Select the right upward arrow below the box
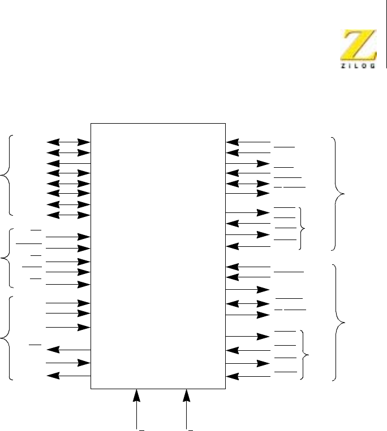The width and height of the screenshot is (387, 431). coord(187,407)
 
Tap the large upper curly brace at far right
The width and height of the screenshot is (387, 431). coord(339,193)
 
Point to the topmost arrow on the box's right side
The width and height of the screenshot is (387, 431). coord(248,142)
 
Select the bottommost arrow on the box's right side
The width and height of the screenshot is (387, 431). coord(248,376)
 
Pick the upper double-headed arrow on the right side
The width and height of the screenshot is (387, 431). coord(248,184)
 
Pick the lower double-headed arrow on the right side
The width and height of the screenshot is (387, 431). coord(248,304)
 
